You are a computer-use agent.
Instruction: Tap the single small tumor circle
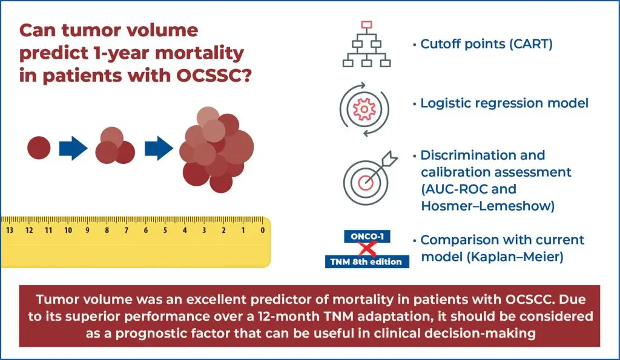pyautogui.click(x=39, y=148)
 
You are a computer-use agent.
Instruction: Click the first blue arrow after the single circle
pyautogui.click(x=73, y=148)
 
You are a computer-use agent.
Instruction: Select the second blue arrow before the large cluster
pyautogui.click(x=159, y=148)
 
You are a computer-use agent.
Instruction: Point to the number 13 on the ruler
pyautogui.click(x=10, y=231)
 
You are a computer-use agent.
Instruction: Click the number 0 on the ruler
pyautogui.click(x=262, y=231)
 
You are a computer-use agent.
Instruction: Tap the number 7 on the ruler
pyautogui.click(x=127, y=231)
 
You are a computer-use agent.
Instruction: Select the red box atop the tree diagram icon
pyautogui.click(x=365, y=25)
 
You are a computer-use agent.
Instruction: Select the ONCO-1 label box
pyautogui.click(x=364, y=237)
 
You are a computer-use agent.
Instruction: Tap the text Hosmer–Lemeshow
pyautogui.click(x=487, y=206)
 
